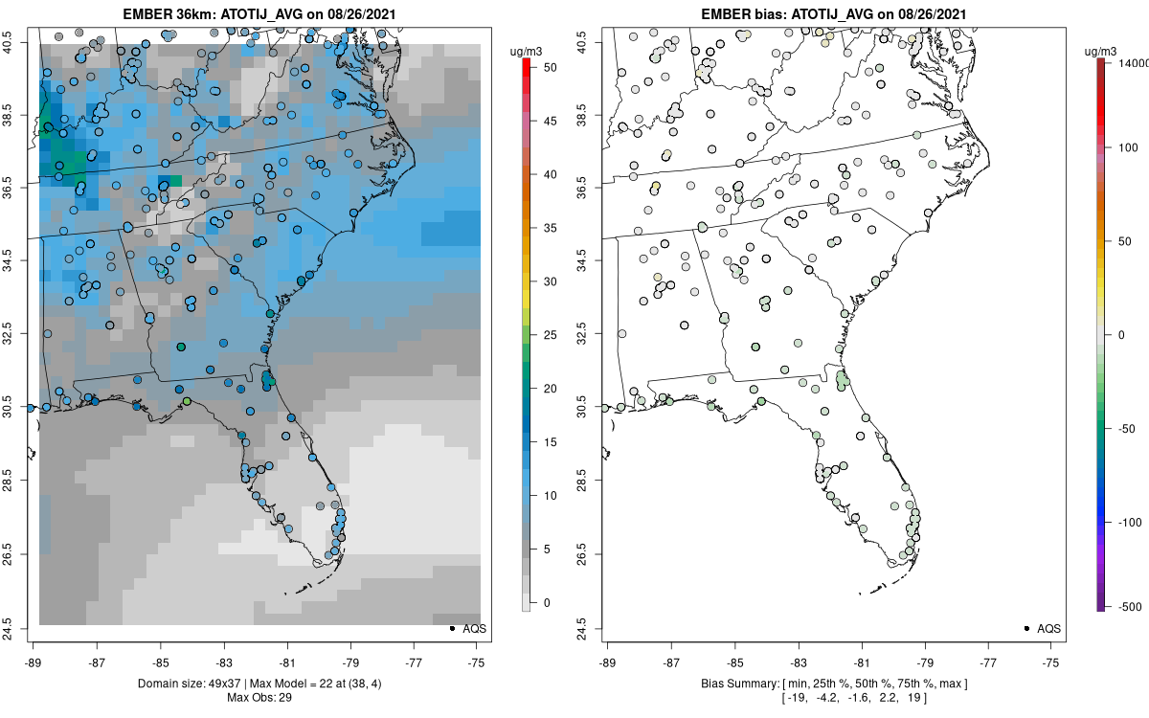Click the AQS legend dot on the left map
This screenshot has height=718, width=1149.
pos(450,628)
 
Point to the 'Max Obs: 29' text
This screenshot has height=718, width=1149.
pos(259,697)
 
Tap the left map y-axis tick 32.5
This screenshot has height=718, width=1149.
pos(20,333)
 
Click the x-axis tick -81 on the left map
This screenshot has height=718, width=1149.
pos(287,662)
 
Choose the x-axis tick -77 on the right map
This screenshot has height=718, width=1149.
pos(988,662)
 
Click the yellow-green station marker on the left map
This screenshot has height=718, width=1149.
pos(187,401)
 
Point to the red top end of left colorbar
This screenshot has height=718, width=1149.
pos(526,63)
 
